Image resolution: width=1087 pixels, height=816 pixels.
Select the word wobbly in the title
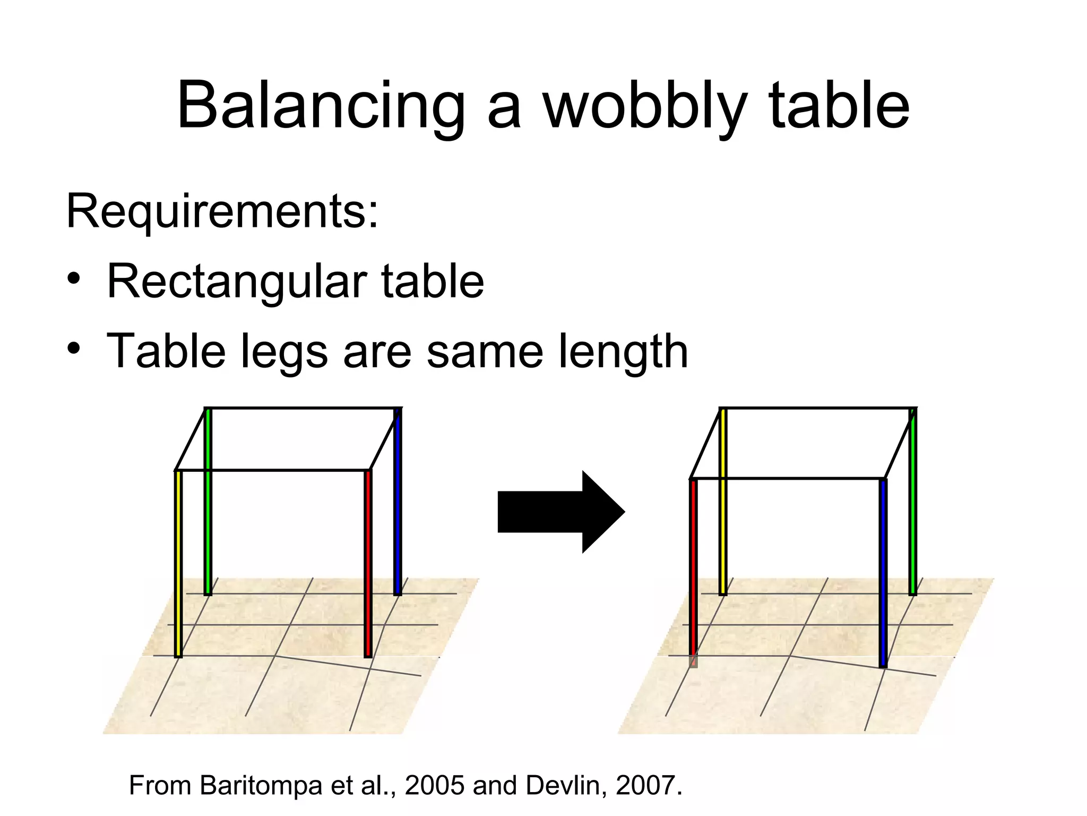click(644, 106)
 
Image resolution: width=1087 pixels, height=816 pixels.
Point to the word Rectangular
click(237, 282)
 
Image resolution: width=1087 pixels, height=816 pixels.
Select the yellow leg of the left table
click(178, 563)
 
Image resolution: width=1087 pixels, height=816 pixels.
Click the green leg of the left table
click(208, 502)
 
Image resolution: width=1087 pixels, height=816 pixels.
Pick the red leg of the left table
click(368, 563)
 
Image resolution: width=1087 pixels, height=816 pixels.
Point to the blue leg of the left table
click(398, 502)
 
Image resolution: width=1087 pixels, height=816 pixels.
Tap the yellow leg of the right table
click(723, 502)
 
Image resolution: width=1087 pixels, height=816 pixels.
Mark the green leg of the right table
click(912, 502)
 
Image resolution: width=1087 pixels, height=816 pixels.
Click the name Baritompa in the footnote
click(261, 785)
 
